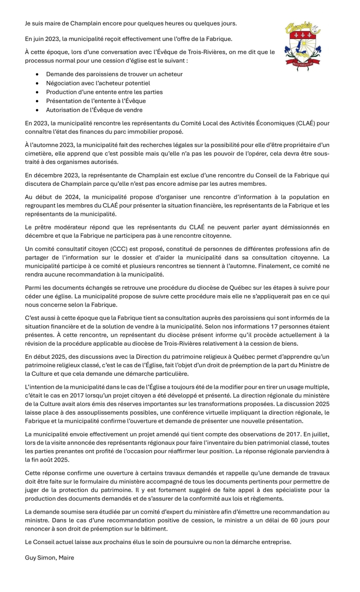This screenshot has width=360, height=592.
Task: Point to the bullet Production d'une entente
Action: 104,92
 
